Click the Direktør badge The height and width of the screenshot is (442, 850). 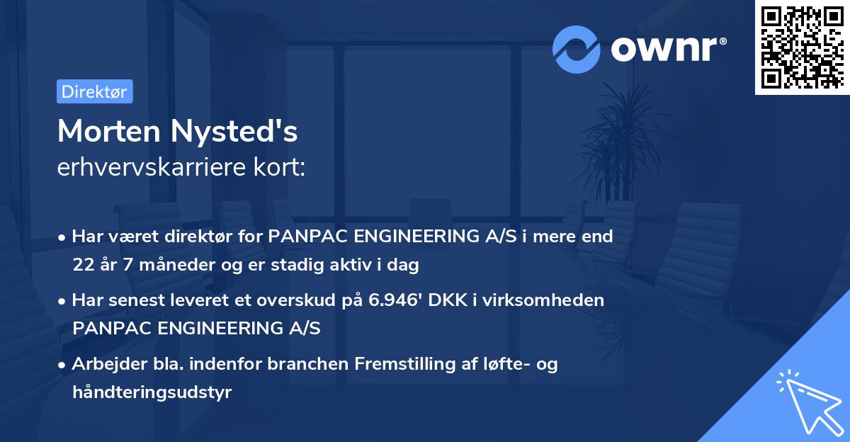click(94, 91)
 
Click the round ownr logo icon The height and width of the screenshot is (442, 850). click(577, 50)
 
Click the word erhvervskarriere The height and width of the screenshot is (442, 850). click(153, 166)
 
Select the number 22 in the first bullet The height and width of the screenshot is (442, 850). click(82, 266)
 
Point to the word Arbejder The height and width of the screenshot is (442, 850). click(104, 364)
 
